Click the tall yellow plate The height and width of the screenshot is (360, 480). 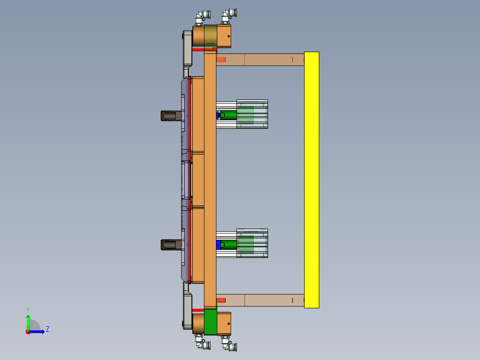click(312, 180)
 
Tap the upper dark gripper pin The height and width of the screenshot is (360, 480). click(171, 116)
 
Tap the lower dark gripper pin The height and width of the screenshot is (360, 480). click(171, 245)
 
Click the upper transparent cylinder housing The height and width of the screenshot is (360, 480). click(252, 114)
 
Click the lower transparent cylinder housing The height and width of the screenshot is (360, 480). click(252, 243)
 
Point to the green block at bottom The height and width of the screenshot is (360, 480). click(210, 323)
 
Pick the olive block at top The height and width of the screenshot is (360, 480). click(210, 36)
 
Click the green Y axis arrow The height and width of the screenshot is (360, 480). click(28, 322)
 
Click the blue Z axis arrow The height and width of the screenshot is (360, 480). click(37, 331)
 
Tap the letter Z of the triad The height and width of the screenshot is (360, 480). click(47, 329)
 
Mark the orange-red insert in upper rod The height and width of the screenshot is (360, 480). click(221, 59)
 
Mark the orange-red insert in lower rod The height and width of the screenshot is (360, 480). click(221, 300)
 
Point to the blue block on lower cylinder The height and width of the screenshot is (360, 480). click(218, 245)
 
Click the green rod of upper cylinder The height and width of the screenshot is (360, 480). click(229, 115)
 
